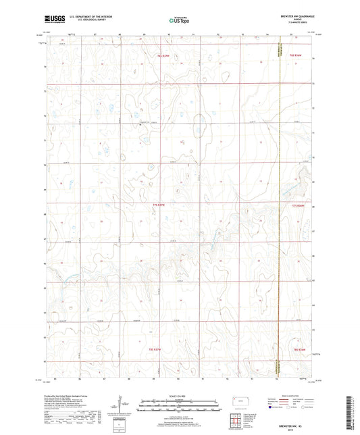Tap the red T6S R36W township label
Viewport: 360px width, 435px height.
point(299,57)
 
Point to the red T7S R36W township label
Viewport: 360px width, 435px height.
point(299,206)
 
